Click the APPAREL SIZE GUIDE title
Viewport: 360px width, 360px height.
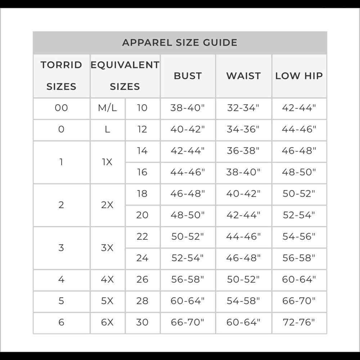pos(180,42)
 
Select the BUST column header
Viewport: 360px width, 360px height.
pos(188,76)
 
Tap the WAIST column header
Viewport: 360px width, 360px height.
pos(243,76)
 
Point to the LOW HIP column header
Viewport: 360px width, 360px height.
pos(299,76)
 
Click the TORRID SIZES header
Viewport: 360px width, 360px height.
pos(61,76)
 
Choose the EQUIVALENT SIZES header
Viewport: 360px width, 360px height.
pos(125,76)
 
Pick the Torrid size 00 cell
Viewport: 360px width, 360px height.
pos(61,108)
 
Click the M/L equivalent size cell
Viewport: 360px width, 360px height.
pos(107,108)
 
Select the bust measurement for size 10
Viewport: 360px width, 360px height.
pos(188,108)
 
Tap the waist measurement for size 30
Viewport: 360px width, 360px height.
pos(243,322)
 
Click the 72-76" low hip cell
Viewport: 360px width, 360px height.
pos(299,322)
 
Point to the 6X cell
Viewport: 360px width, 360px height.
pos(107,322)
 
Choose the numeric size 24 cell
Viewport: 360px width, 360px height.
pos(142,258)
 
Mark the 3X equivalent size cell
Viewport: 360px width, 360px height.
pos(107,248)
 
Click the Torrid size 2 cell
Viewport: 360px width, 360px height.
pos(61,205)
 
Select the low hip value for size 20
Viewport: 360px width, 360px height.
pos(299,215)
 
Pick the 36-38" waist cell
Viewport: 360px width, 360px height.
pos(243,151)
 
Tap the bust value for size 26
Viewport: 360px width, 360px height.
pos(188,279)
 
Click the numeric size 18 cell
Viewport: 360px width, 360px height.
pos(142,194)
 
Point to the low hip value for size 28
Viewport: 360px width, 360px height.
pos(299,301)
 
